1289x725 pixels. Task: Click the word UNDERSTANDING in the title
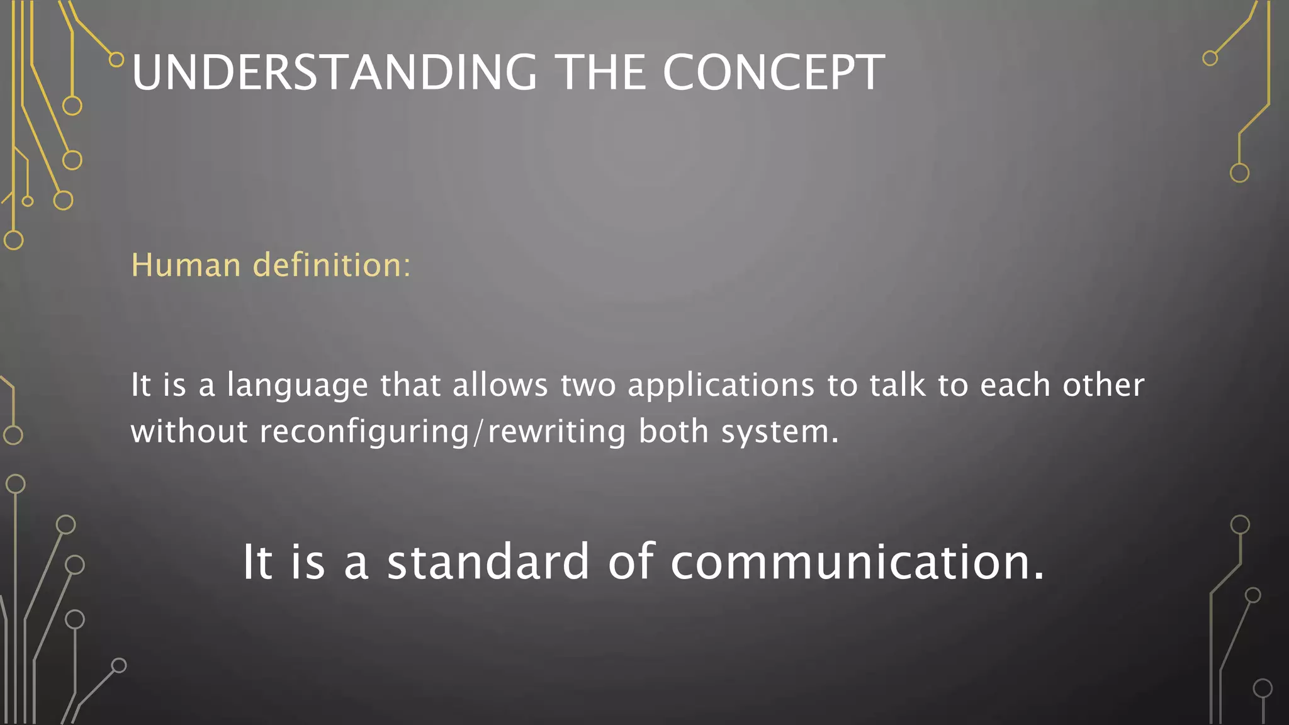click(334, 72)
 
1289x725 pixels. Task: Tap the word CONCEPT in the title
click(774, 72)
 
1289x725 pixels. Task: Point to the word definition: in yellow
click(332, 265)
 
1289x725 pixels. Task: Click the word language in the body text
click(297, 385)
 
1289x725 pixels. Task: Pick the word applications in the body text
click(721, 385)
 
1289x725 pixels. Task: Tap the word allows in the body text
click(500, 385)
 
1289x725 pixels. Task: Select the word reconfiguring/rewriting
click(442, 432)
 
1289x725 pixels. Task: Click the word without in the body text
click(189, 432)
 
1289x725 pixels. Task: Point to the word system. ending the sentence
click(780, 432)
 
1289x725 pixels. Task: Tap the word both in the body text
click(673, 432)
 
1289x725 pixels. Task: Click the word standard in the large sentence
click(488, 561)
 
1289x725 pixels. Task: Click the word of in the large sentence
click(631, 561)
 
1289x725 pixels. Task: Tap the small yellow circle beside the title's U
click(116, 60)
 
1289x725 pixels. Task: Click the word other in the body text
click(1103, 385)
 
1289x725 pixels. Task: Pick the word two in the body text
click(588, 385)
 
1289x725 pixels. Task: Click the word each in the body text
click(1015, 385)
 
